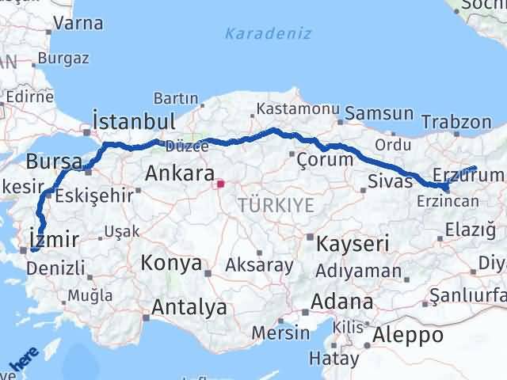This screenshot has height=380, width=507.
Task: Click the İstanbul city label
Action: point(133,121)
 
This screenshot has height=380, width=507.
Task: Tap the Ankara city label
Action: point(179,173)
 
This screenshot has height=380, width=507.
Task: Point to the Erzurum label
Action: point(469,175)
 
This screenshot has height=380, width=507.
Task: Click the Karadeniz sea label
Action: point(268,34)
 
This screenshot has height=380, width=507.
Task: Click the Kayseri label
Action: point(353,242)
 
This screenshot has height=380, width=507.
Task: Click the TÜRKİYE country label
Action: point(276,205)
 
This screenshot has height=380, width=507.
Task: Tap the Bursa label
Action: point(53,162)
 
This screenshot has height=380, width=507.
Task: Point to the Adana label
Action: point(342,302)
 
